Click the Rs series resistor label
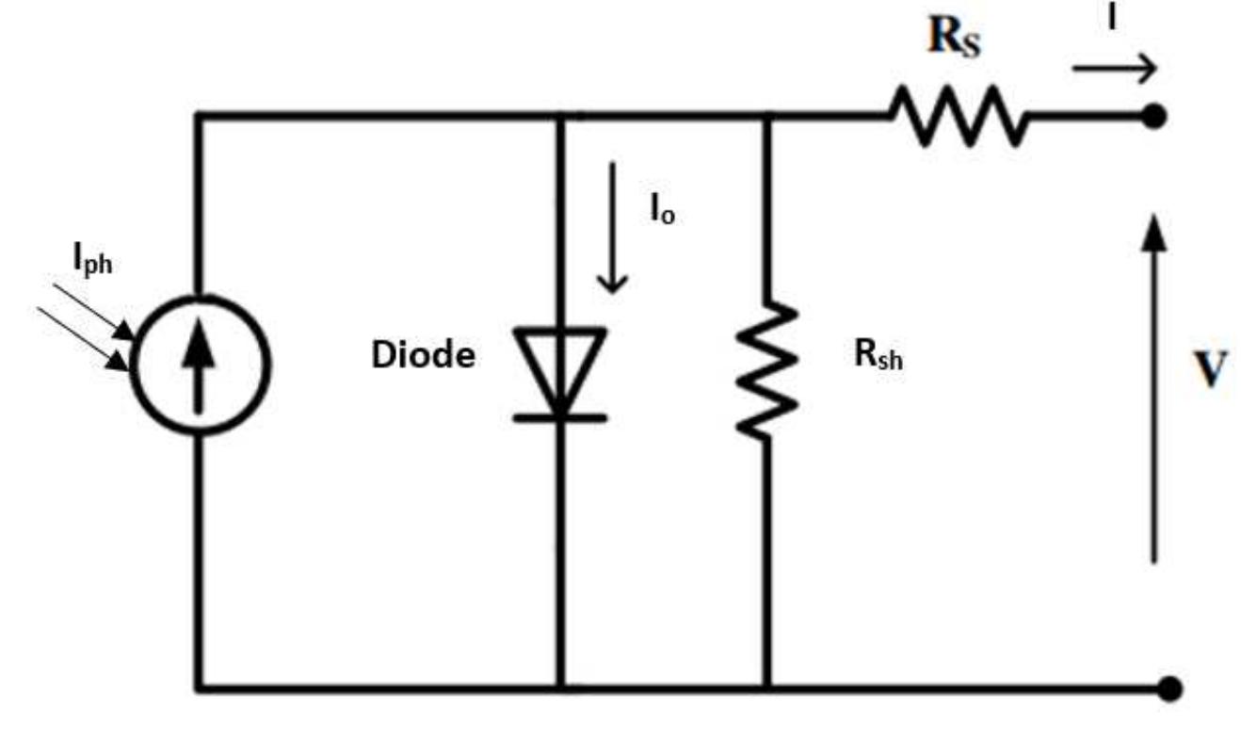click(x=954, y=37)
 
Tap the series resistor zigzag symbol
click(x=959, y=116)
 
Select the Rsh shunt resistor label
click(x=878, y=355)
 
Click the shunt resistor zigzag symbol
click(x=767, y=370)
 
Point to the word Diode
click(x=424, y=355)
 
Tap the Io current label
click(x=663, y=211)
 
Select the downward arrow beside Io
click(x=612, y=227)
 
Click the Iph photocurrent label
click(x=92, y=259)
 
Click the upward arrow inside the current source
click(x=199, y=365)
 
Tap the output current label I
click(x=1111, y=18)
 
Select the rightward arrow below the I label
click(x=1115, y=69)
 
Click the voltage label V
click(x=1211, y=368)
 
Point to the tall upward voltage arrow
click(x=1154, y=389)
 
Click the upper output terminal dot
click(x=1154, y=117)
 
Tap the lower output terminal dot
click(x=1170, y=689)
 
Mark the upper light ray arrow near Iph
click(x=93, y=312)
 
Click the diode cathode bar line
click(x=560, y=418)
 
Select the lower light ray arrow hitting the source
click(x=83, y=339)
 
